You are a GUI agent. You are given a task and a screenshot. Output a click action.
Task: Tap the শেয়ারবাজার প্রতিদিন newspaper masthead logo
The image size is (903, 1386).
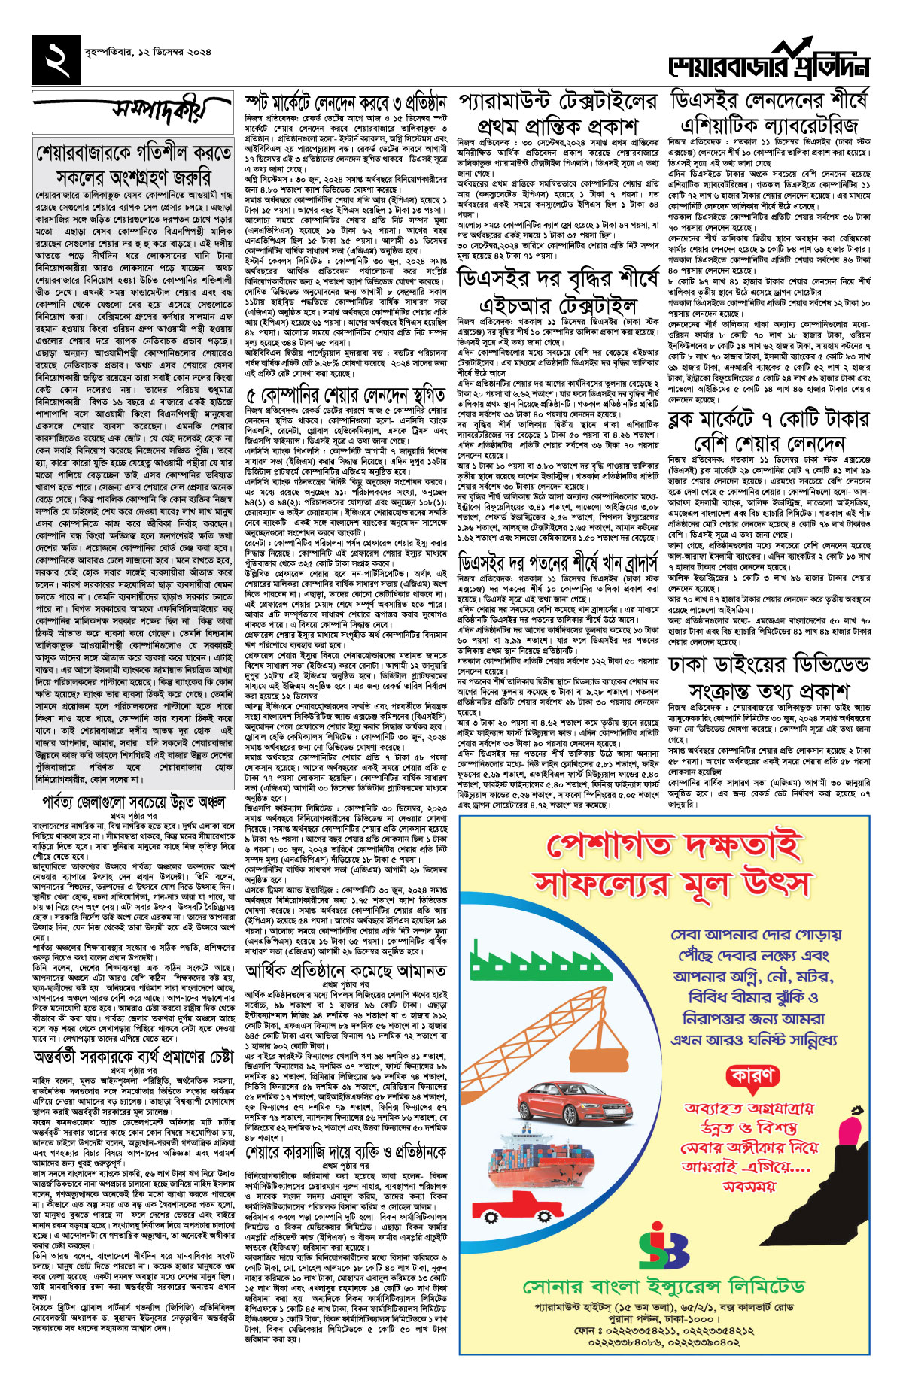point(768,65)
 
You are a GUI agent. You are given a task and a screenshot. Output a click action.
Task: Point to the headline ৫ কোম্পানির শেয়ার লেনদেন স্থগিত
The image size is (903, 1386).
point(345,394)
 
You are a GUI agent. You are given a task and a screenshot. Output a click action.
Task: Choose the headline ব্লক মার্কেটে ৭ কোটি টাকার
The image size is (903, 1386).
point(768,420)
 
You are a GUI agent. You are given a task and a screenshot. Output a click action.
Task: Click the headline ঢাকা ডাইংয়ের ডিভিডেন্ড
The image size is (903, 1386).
point(768,663)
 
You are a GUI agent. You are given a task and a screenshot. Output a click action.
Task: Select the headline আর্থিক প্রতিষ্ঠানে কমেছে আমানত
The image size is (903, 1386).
point(345,971)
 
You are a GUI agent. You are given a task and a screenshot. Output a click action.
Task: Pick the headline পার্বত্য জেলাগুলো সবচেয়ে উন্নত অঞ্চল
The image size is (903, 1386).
point(133,802)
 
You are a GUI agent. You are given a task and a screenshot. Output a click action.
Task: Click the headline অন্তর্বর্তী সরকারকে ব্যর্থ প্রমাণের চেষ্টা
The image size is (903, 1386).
point(133,1057)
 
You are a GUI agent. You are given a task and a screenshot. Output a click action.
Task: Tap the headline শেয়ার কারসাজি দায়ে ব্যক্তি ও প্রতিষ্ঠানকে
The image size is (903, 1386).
point(345,1152)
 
